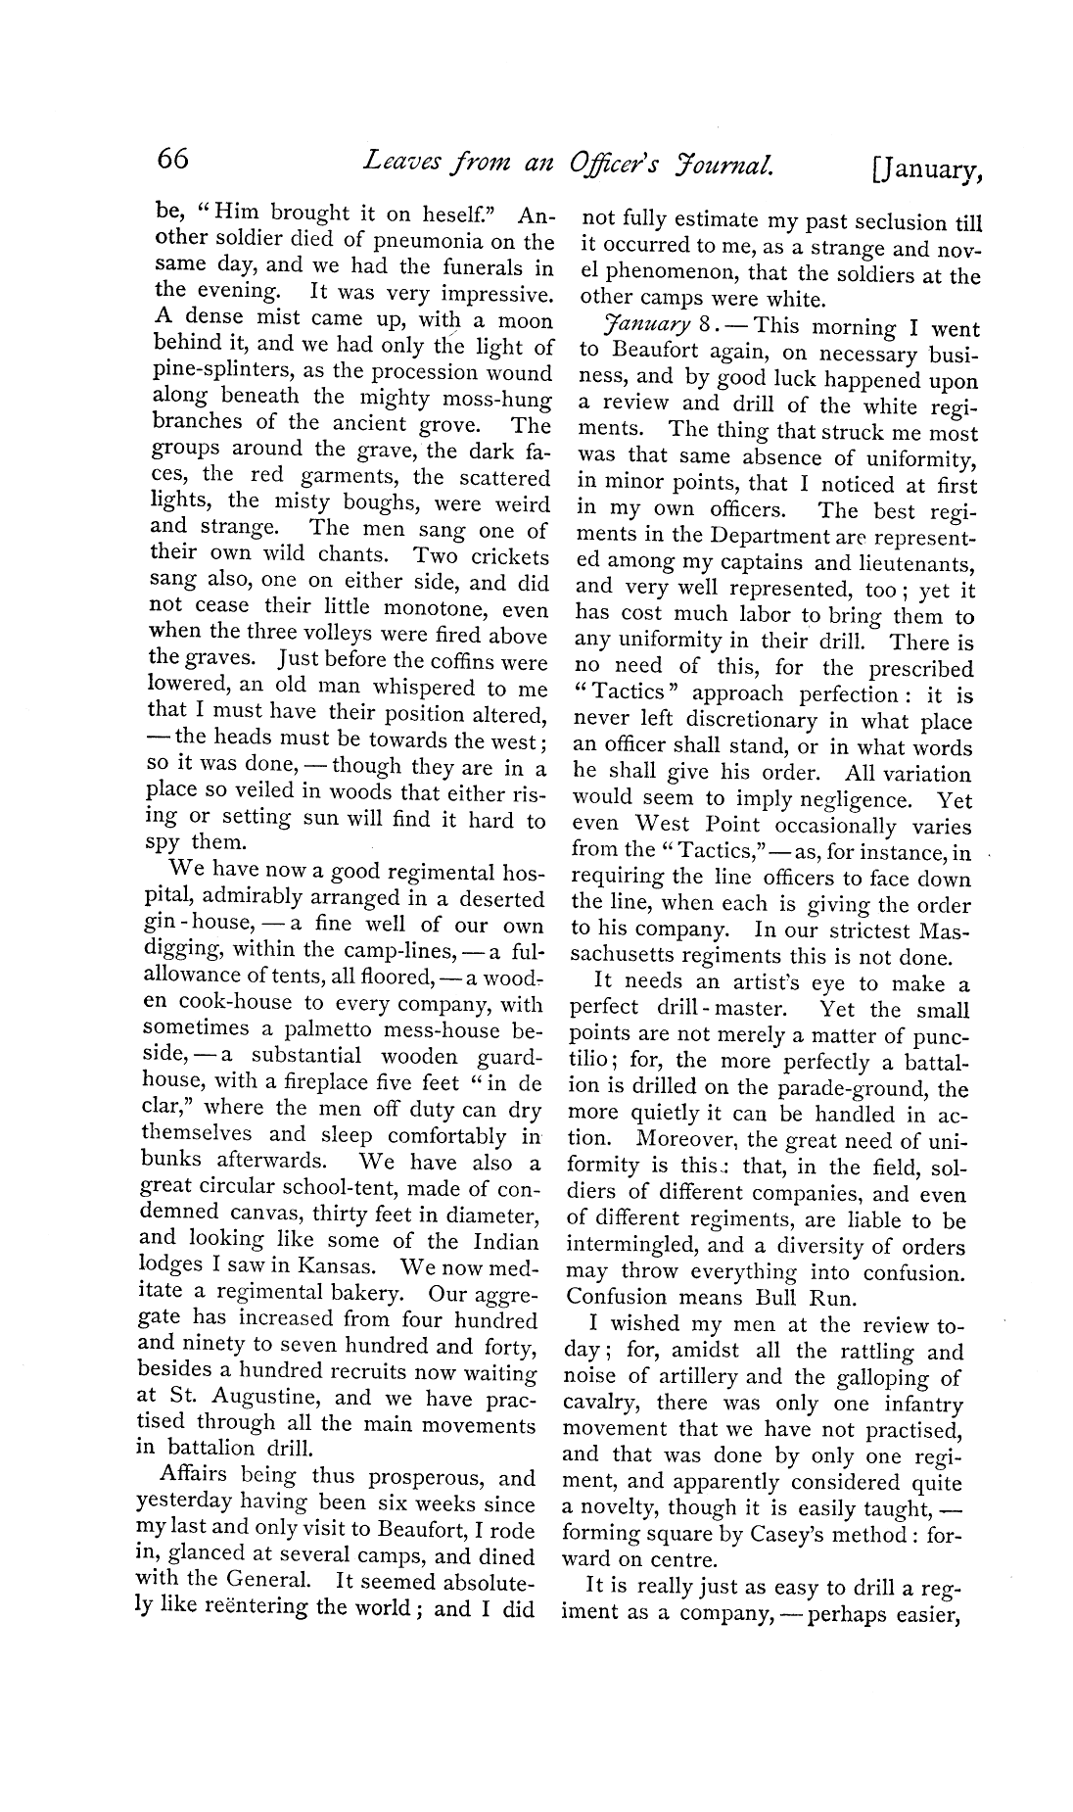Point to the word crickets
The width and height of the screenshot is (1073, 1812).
click(x=507, y=555)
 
